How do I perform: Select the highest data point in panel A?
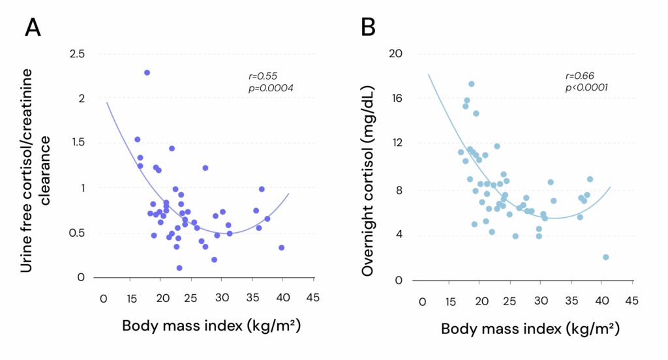(147, 72)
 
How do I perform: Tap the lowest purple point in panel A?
(179, 268)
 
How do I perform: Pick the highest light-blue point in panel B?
(471, 84)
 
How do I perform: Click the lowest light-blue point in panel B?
(606, 258)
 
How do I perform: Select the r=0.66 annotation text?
(579, 76)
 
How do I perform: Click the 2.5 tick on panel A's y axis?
(76, 53)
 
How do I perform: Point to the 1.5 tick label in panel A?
(76, 143)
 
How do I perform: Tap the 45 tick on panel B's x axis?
(631, 301)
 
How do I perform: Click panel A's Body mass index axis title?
(211, 324)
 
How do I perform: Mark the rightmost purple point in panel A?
(281, 248)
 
